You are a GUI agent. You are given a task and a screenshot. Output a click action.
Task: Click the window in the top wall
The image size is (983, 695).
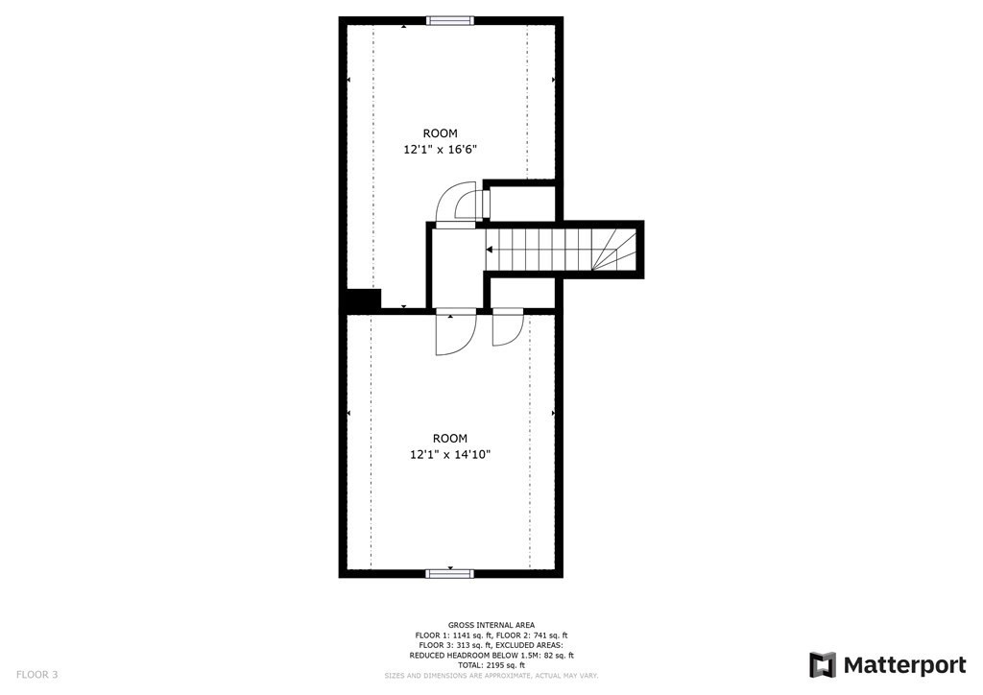click(x=450, y=21)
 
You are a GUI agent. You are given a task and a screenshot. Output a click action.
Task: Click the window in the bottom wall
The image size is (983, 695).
click(x=450, y=573)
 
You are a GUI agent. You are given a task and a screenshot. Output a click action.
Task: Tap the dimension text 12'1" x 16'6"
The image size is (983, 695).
click(x=445, y=150)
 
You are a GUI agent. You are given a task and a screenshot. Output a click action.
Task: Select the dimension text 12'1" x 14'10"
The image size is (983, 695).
click(x=450, y=455)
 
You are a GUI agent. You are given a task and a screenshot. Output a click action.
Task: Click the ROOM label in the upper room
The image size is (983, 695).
click(x=440, y=132)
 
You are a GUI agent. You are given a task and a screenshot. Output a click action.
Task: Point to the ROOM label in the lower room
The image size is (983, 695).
click(x=450, y=438)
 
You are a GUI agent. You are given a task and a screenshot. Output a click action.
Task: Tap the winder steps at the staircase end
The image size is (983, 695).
click(x=614, y=250)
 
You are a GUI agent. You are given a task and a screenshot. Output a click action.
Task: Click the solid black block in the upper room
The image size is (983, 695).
click(x=364, y=298)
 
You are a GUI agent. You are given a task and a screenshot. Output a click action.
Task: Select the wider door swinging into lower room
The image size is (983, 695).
click(x=456, y=331)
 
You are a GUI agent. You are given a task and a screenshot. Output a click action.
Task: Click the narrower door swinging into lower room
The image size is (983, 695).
click(x=507, y=326)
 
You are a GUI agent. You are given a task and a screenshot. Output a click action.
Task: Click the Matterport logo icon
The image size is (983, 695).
click(x=823, y=665)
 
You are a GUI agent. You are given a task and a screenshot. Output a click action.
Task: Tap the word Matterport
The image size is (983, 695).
click(x=904, y=665)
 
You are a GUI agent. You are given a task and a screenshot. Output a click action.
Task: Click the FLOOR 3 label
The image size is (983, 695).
click(x=37, y=675)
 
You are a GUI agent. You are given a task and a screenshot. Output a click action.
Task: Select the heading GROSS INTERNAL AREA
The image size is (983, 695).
click(x=491, y=625)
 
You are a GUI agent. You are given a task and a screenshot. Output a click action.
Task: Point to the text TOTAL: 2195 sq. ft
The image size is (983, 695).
click(x=491, y=665)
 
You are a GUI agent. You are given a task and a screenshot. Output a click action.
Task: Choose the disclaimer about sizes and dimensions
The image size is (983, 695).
click(x=491, y=676)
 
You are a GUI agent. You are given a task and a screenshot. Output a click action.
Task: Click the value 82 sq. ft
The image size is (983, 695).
click(x=556, y=655)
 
